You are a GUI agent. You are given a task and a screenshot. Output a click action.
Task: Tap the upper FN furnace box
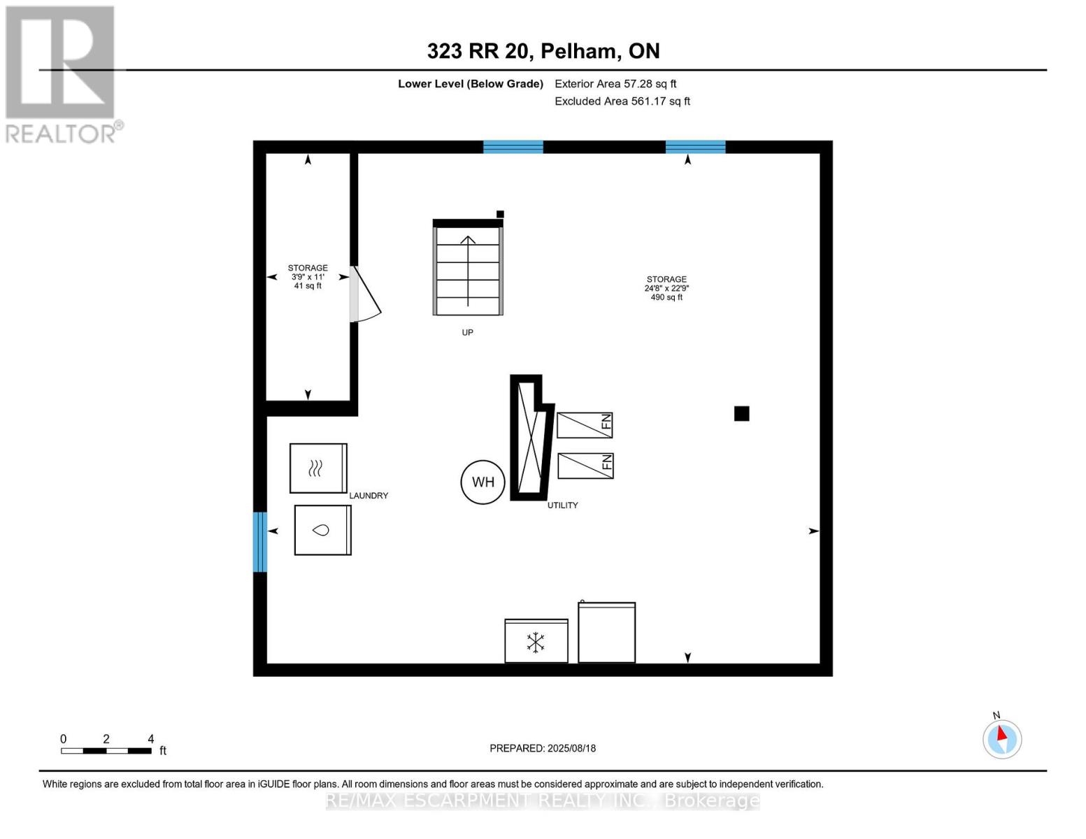tap(585, 425)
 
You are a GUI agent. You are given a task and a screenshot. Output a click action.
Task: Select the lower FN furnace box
tap(585, 466)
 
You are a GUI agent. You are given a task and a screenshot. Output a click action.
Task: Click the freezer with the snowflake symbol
tap(536, 641)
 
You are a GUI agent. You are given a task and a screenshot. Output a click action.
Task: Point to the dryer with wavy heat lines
tap(318, 468)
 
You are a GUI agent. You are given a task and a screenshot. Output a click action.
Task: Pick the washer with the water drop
tap(323, 530)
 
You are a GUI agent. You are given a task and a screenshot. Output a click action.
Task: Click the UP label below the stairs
tap(467, 332)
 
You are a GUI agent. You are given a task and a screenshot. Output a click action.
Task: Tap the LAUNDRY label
tap(369, 495)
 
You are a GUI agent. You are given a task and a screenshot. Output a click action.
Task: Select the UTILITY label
tap(562, 505)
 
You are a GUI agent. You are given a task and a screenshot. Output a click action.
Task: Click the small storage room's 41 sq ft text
tap(308, 286)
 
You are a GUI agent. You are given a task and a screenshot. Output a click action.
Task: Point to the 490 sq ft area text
tap(666, 297)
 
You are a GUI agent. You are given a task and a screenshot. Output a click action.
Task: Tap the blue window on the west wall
tap(260, 542)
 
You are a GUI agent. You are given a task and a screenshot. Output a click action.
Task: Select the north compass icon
tap(1002, 738)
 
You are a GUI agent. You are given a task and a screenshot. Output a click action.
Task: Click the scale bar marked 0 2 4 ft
tap(106, 750)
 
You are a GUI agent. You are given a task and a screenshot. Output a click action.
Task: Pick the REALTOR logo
tap(62, 75)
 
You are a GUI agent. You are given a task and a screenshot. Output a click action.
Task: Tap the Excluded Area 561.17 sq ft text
tap(622, 101)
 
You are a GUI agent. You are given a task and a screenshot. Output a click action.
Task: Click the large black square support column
tap(742, 414)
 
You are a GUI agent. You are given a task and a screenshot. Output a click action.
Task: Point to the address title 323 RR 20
tap(480, 51)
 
